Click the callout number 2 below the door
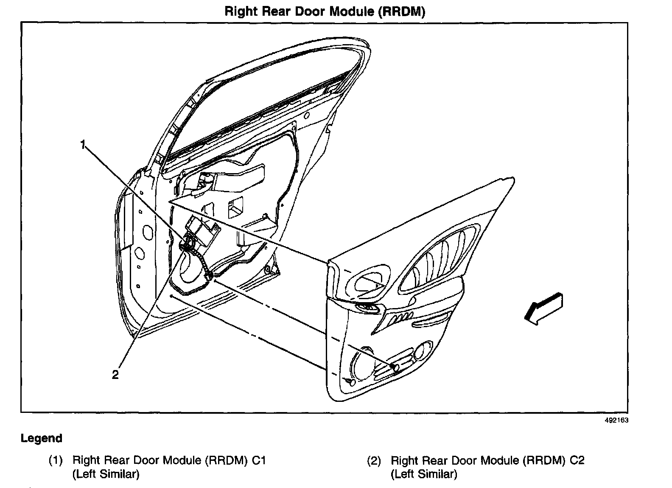coord(115,374)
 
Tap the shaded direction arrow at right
coord(543,308)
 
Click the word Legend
coord(42,438)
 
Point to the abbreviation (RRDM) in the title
coord(400,11)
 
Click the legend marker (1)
coord(56,460)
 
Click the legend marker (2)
coord(374,460)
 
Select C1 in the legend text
coord(258,460)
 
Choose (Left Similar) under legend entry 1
coord(106,474)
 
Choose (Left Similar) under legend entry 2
coord(424,474)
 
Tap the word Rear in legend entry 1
coord(118,460)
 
